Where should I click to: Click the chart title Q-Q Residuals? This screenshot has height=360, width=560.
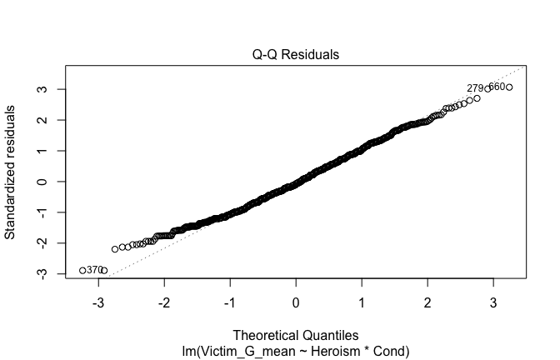pyautogui.click(x=296, y=55)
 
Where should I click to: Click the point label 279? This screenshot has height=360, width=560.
pyautogui.click(x=475, y=88)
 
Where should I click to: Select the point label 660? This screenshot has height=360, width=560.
pyautogui.click(x=497, y=87)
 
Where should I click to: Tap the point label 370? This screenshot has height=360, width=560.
pyautogui.click(x=95, y=270)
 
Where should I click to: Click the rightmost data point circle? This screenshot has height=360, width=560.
pyautogui.click(x=509, y=87)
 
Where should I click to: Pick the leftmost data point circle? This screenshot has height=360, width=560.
pyautogui.click(x=82, y=270)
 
